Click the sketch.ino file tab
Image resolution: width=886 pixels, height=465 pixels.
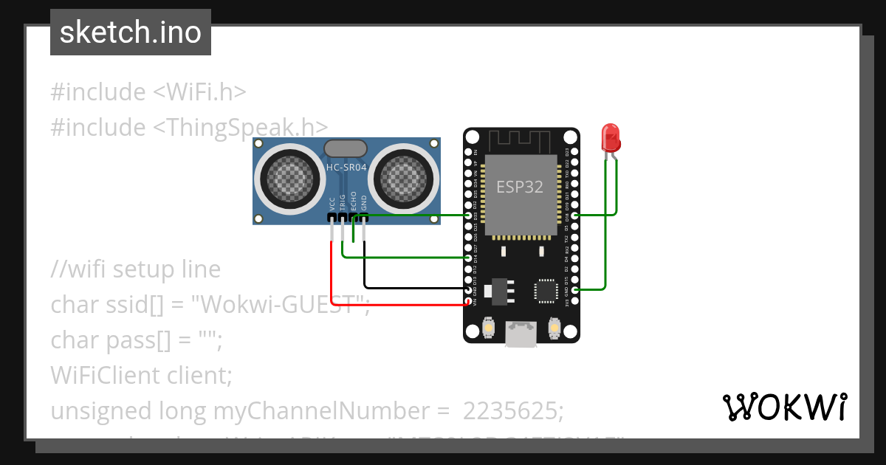pos(131,32)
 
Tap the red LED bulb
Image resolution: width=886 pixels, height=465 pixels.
pos(611,137)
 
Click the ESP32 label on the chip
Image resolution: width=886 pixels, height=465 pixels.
pos(519,187)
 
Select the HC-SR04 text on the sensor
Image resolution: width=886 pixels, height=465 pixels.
pos(346,168)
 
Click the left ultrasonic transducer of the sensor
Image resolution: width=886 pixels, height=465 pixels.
pos(285,177)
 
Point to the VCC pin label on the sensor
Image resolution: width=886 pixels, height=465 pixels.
pos(332,204)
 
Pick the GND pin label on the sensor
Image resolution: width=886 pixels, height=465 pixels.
pos(364,204)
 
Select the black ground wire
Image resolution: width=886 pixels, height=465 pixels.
pos(413,287)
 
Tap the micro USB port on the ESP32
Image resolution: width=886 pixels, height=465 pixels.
pos(521,334)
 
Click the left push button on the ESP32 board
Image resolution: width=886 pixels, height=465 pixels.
pos(488,327)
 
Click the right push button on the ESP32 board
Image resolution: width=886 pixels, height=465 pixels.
pos(554,327)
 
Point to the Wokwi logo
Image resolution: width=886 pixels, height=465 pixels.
pos(784,407)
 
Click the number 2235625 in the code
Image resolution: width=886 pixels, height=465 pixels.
pos(513,410)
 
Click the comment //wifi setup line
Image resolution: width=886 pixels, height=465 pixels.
pos(136,269)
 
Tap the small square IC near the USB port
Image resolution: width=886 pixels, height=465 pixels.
pos(547,290)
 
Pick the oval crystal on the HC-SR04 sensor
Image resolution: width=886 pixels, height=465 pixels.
pos(346,148)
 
